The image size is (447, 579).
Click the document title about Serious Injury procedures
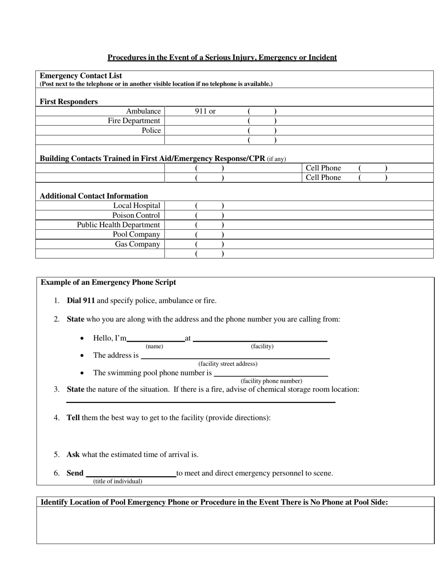[x=222, y=57]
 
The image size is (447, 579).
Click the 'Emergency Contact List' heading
[x=81, y=75]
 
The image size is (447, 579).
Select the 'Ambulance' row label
[x=143, y=112]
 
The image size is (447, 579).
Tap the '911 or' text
[x=205, y=112]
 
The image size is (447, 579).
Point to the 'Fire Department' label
[x=134, y=121]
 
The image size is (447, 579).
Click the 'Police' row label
[x=151, y=130]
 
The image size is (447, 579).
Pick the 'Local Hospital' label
[x=136, y=206]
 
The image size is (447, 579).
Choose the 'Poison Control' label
[x=136, y=216]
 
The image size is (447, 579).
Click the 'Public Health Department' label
[x=119, y=225]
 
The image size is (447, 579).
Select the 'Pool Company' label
[x=136, y=234]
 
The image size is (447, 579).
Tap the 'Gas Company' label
[x=137, y=244]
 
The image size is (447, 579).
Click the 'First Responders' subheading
[x=69, y=102]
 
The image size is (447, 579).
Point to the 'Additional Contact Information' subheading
[x=94, y=196]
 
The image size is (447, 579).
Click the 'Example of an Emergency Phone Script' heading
[x=108, y=282]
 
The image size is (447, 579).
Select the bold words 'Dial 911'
[x=81, y=300]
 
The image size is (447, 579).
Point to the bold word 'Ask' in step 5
[x=73, y=455]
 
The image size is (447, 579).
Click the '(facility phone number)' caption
[x=271, y=381]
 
